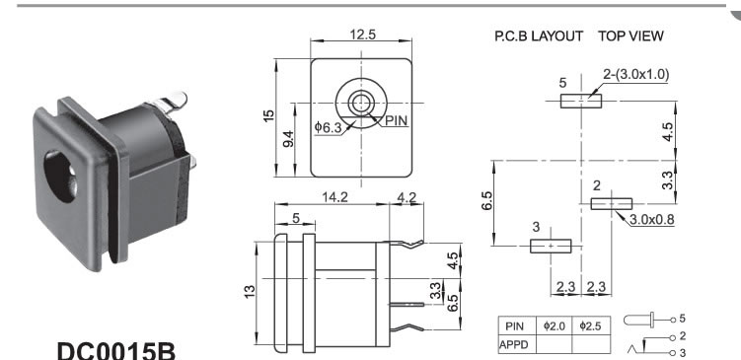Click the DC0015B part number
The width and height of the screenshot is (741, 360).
coord(116,351)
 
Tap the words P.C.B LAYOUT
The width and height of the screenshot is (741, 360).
coord(539,36)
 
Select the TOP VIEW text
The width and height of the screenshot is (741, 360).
coord(630,36)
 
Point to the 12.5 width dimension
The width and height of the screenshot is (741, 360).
coord(362,35)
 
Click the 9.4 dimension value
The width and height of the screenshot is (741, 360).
coord(288,139)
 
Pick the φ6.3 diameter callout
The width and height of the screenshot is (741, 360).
coord(328,127)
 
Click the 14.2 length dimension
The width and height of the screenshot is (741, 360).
coord(334,197)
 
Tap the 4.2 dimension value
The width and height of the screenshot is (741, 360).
coord(407,197)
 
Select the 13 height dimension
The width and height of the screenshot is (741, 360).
coord(251,290)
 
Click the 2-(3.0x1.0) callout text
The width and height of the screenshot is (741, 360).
coord(636,74)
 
